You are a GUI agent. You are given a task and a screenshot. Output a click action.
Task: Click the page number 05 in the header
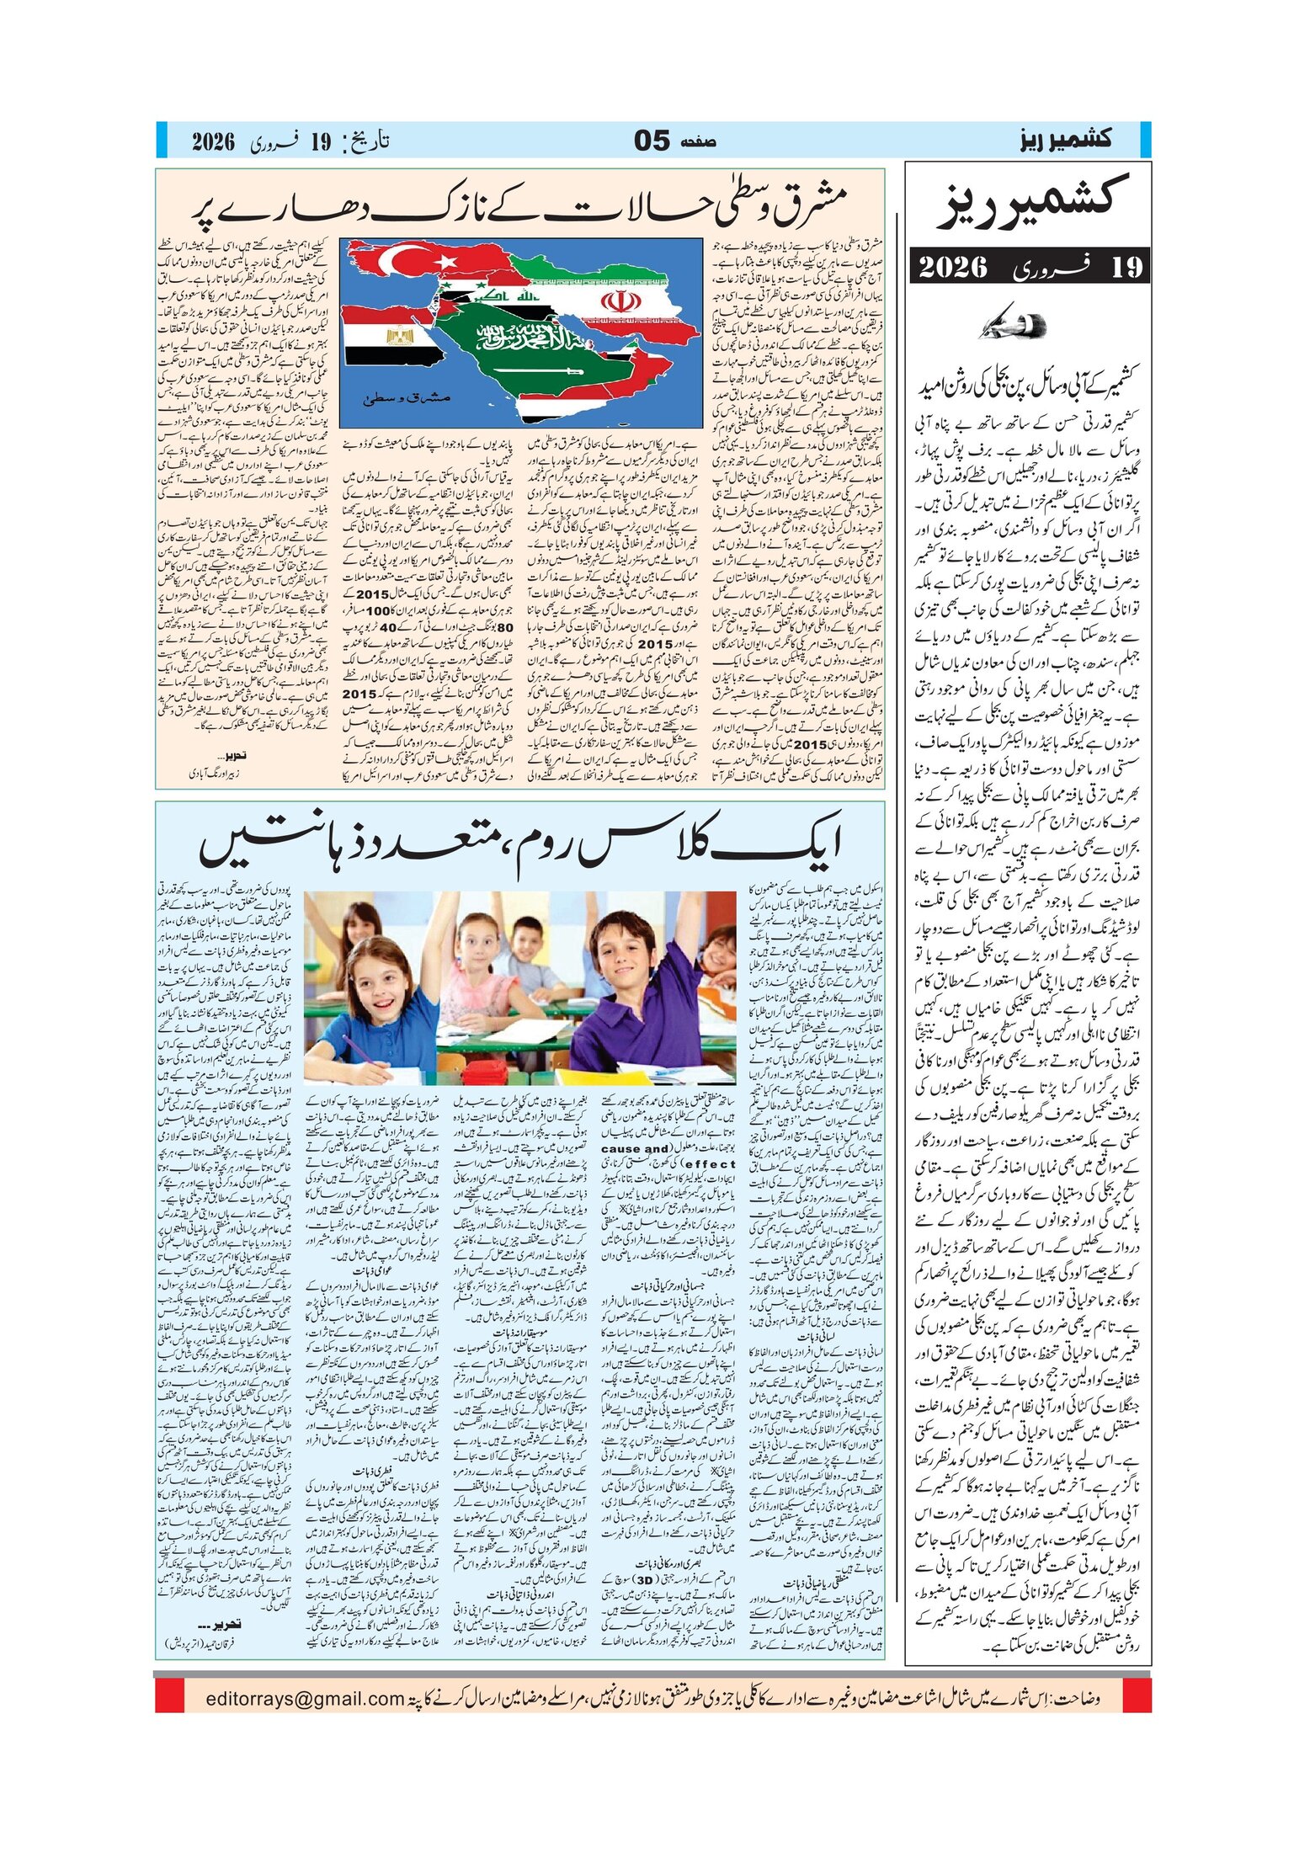652,141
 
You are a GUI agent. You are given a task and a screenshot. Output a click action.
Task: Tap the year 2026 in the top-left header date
213,141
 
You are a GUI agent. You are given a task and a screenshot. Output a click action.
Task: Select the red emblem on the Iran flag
621,301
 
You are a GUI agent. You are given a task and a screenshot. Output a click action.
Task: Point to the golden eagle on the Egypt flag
393,338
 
